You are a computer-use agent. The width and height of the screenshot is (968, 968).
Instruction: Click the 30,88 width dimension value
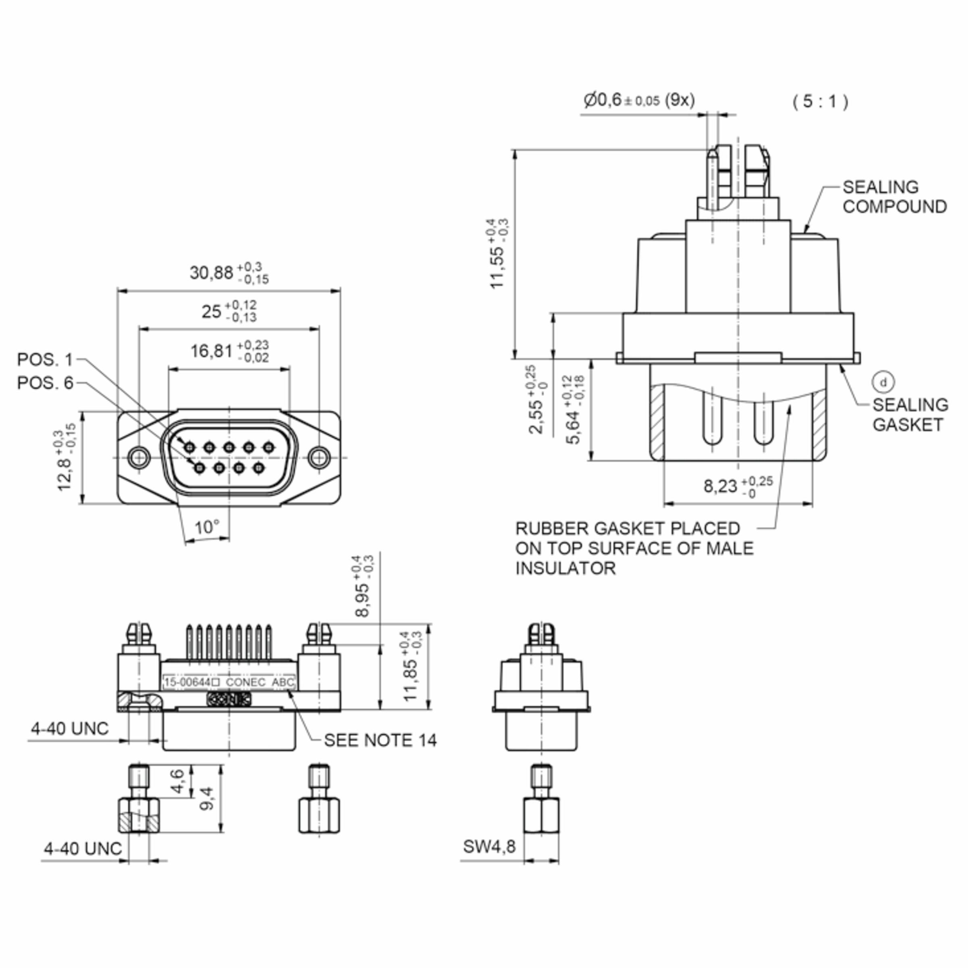211,273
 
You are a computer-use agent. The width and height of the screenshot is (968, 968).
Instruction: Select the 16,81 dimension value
211,351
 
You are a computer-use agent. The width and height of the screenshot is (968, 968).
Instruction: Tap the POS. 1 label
45,359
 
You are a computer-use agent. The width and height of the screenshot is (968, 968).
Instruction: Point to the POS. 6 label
45,383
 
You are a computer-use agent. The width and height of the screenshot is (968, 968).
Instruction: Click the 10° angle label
207,527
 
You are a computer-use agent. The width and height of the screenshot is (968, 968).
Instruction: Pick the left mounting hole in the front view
139,457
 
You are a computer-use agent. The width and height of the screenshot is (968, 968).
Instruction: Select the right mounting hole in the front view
319,457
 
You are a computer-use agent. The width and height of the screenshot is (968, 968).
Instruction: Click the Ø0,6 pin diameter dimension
639,100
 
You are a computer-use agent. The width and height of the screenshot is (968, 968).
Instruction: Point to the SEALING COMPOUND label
894,197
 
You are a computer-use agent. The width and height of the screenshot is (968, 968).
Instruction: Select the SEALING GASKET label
910,415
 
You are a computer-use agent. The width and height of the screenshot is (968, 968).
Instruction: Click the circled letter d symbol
883,383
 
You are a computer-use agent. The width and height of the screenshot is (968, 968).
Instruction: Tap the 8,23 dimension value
720,486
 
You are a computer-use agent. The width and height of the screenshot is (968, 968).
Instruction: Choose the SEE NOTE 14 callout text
380,740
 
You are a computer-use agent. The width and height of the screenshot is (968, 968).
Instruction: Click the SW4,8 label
488,846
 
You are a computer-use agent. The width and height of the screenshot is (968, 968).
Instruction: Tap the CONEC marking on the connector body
246,682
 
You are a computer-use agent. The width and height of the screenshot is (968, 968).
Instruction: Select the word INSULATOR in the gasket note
565,568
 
